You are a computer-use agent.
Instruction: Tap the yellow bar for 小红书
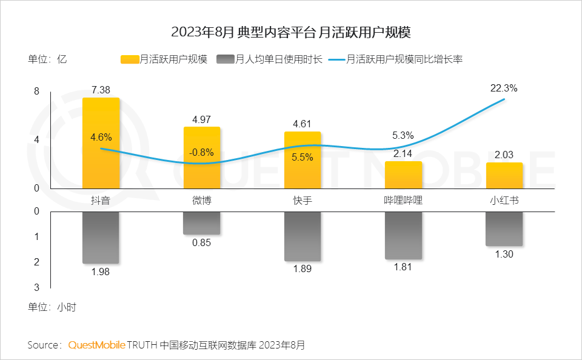point(504,175)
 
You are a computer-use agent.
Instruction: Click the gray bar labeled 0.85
point(202,223)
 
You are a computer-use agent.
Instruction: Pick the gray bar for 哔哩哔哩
point(403,235)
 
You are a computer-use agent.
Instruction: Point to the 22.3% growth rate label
point(503,88)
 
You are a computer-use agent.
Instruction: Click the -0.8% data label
point(201,153)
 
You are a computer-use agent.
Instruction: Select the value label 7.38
point(101,90)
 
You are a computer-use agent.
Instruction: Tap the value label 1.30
point(504,255)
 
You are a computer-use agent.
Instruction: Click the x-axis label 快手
point(303,201)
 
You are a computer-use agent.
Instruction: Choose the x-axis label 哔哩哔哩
point(403,201)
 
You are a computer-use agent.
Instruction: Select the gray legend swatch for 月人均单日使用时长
point(226,59)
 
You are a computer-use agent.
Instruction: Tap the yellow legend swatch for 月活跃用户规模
point(130,59)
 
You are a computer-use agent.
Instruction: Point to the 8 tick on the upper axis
point(36,92)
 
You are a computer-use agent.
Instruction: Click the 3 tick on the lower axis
point(36,287)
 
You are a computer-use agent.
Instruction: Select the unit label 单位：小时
point(52,307)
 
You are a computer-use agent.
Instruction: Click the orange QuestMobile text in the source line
point(97,345)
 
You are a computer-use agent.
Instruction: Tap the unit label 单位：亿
point(47,59)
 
